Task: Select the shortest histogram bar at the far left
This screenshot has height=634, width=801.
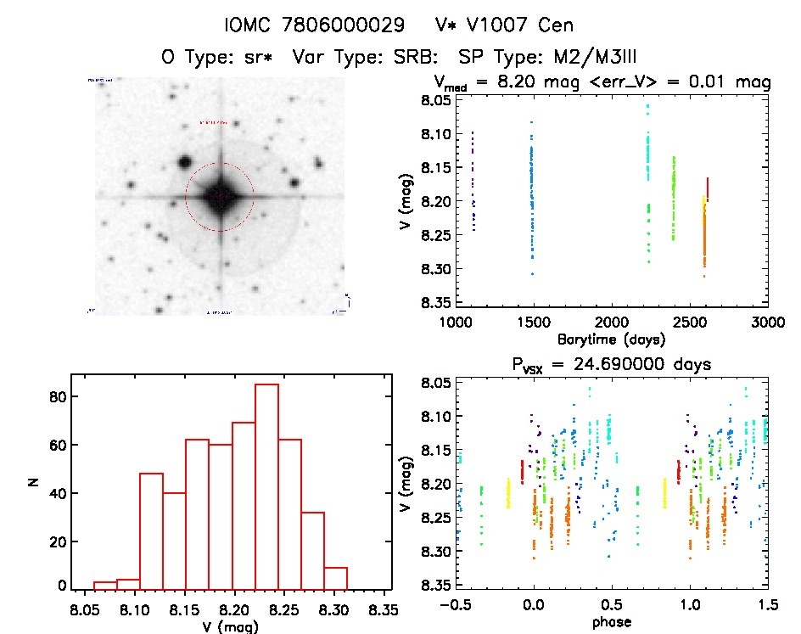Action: tap(104, 585)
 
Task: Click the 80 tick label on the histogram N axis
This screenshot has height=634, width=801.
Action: tap(57, 397)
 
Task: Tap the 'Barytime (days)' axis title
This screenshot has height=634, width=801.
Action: tap(611, 339)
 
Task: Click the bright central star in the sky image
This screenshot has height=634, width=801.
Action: tap(219, 196)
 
